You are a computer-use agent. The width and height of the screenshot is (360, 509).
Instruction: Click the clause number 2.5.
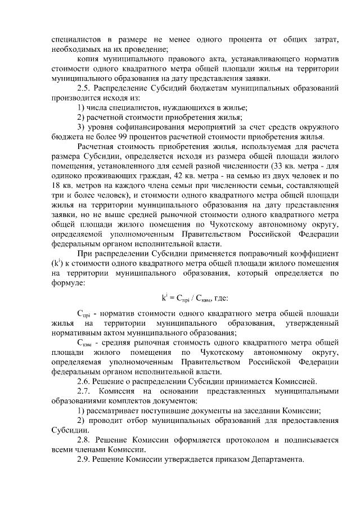pyautogui.click(x=84, y=88)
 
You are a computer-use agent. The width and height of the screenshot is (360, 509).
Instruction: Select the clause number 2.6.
pyautogui.click(x=84, y=381)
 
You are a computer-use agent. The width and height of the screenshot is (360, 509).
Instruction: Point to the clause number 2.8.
pyautogui.click(x=84, y=439)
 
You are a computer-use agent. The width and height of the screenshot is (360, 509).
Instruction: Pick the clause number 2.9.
pyautogui.click(x=84, y=459)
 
